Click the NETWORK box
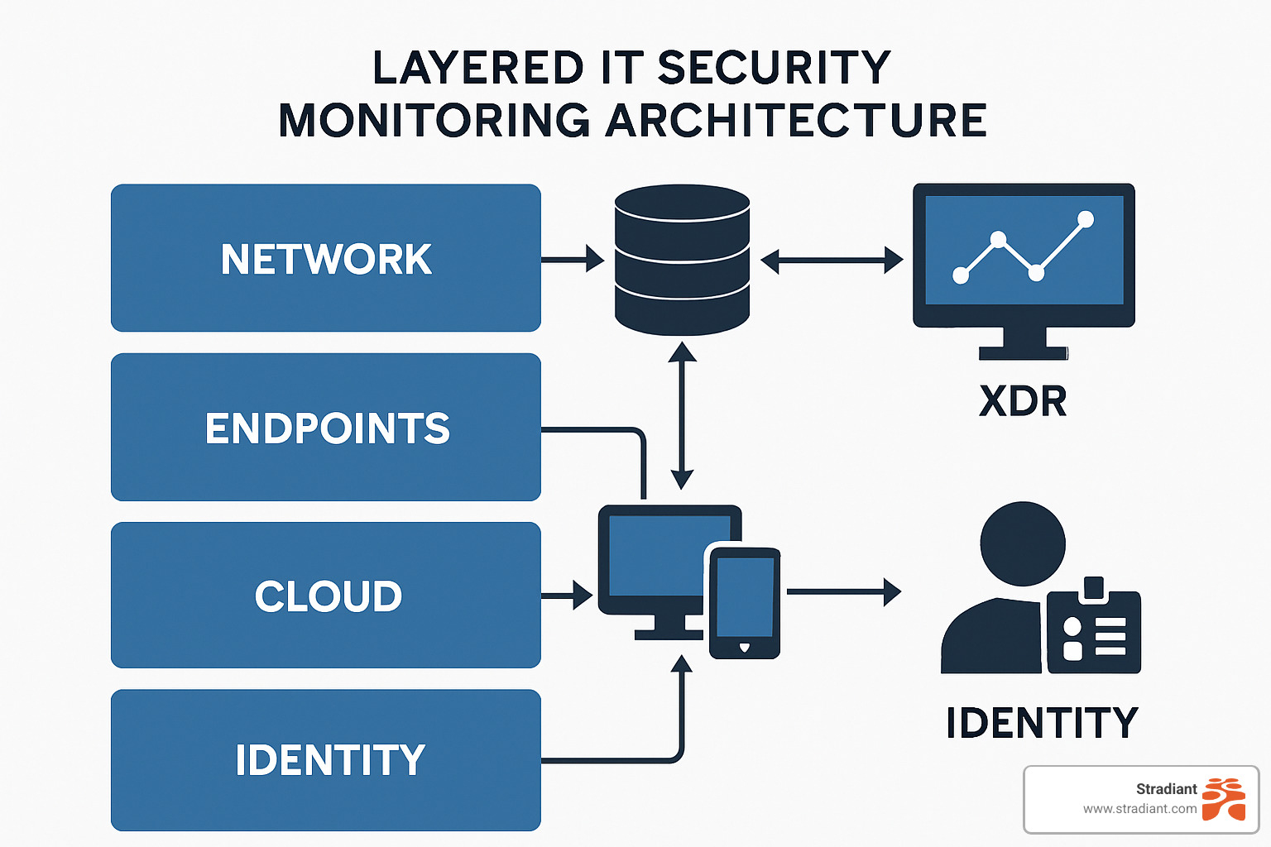pyautogui.click(x=325, y=258)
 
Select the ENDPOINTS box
pyautogui.click(x=325, y=427)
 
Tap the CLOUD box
pyautogui.click(x=325, y=596)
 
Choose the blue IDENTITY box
pyautogui.click(x=325, y=760)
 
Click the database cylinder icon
pyautogui.click(x=682, y=260)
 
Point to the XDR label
pyautogui.click(x=1023, y=402)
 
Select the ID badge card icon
pyautogui.click(x=1093, y=631)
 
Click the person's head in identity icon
pyautogui.click(x=1022, y=543)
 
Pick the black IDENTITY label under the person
pyautogui.click(x=1042, y=723)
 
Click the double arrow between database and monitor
pyautogui.click(x=831, y=261)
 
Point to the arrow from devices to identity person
pyautogui.click(x=843, y=592)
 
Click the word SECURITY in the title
pyautogui.click(x=774, y=68)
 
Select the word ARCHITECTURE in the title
pyautogui.click(x=796, y=121)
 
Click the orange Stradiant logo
pyautogui.click(x=1223, y=798)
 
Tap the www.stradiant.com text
pyautogui.click(x=1139, y=809)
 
